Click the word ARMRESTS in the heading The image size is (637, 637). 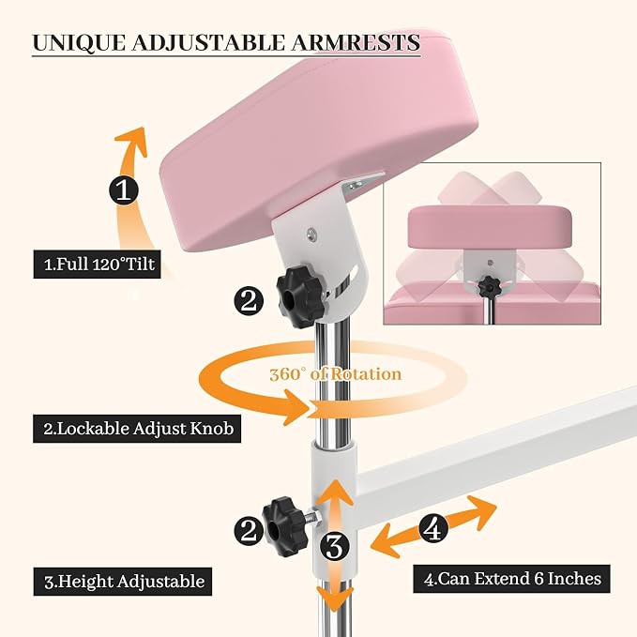click(356, 42)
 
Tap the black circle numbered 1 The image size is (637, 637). click(124, 190)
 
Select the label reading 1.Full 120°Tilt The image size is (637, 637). click(97, 264)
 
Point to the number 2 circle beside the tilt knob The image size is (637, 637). click(249, 301)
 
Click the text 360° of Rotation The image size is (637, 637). click(336, 374)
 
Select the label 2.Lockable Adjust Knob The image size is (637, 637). click(137, 429)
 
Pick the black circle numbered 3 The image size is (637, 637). click(335, 546)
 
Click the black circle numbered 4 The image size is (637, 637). click(433, 528)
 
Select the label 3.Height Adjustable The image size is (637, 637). click(123, 582)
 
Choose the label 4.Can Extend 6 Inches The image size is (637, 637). click(512, 579)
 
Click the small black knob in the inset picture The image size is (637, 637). click(488, 286)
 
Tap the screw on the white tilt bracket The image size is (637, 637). click(312, 234)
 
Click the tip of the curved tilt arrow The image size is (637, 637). click(143, 128)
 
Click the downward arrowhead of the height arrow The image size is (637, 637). click(334, 600)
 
